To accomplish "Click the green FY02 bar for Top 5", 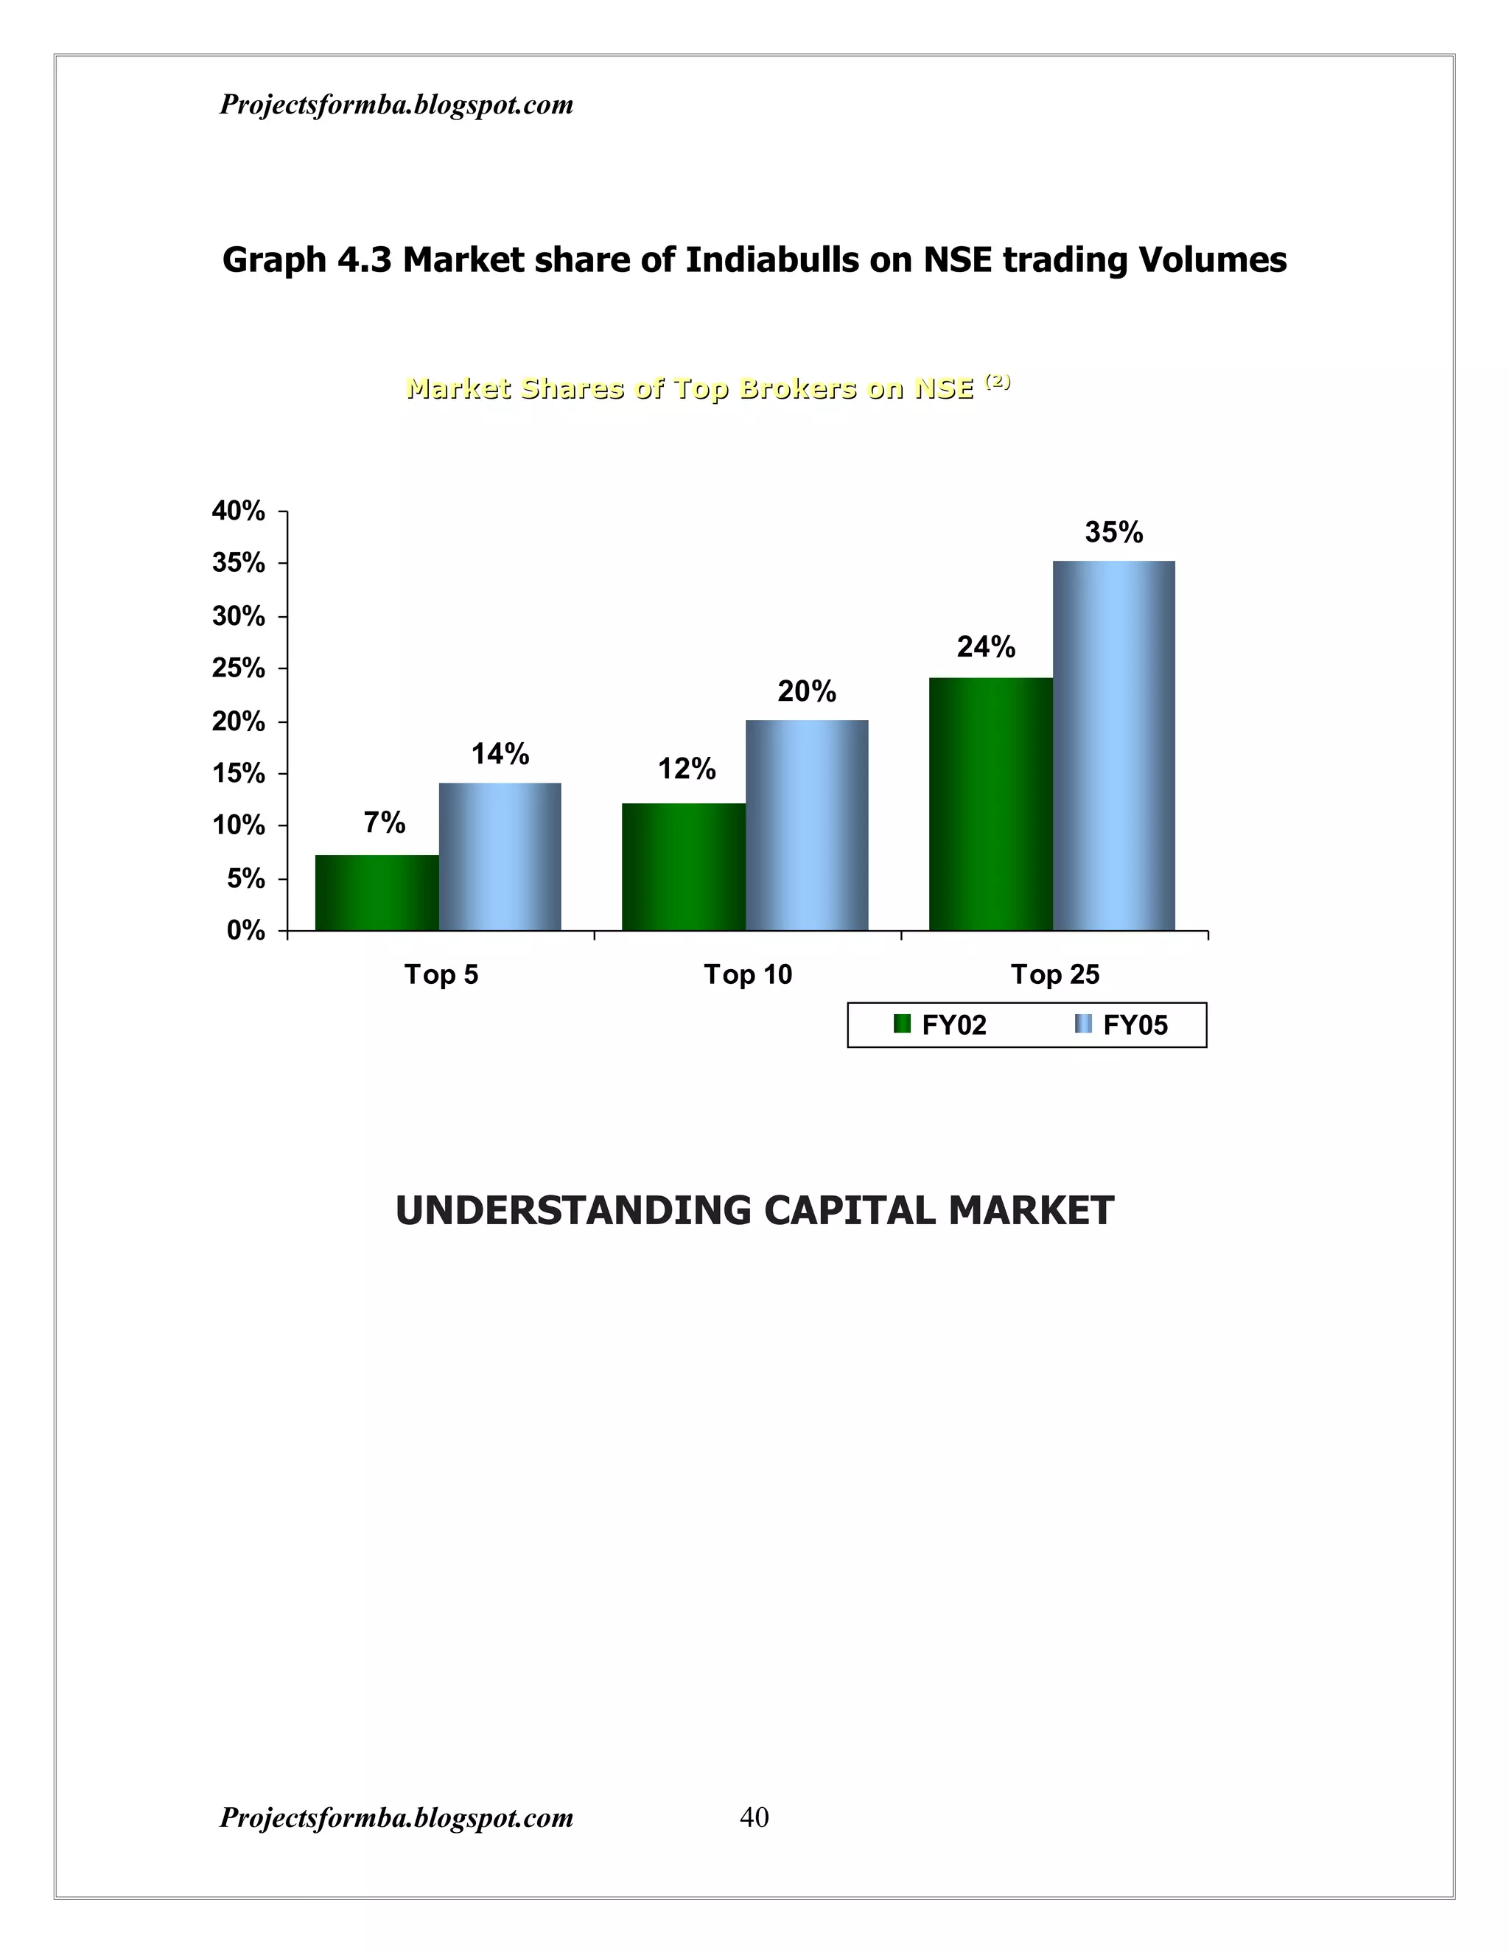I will point(377,892).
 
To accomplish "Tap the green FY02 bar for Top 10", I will point(684,867).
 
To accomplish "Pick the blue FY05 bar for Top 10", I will point(806,825).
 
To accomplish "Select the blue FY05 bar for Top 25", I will point(1114,745).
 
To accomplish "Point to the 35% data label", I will point(1114,533).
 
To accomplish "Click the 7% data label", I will point(385,822).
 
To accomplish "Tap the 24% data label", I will point(986,646).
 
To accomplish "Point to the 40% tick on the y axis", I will point(239,511).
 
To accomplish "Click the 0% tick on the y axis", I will point(246,931).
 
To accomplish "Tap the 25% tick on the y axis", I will point(239,669).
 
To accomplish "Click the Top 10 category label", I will point(749,974).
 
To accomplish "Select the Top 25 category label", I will point(1055,974).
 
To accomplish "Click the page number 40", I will point(754,1817).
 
